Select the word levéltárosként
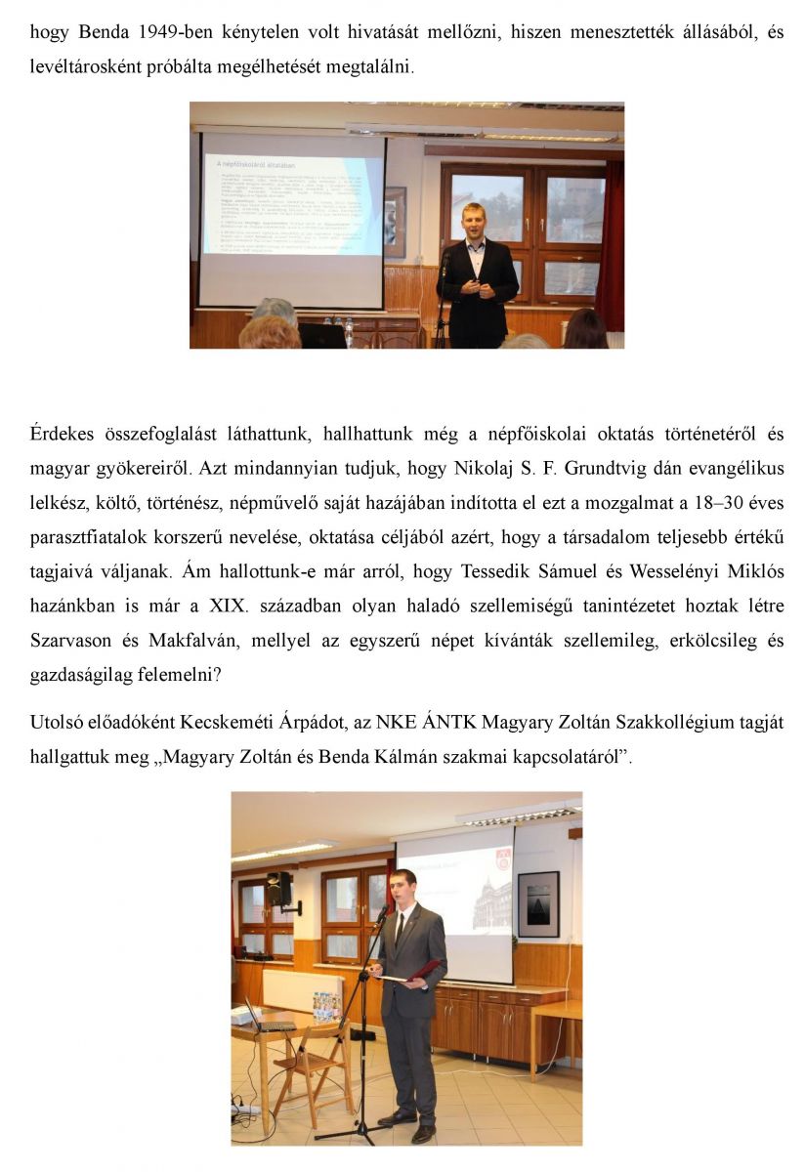[78, 69]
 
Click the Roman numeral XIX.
[231, 606]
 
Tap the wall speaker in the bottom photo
[280, 889]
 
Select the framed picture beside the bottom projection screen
[538, 903]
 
